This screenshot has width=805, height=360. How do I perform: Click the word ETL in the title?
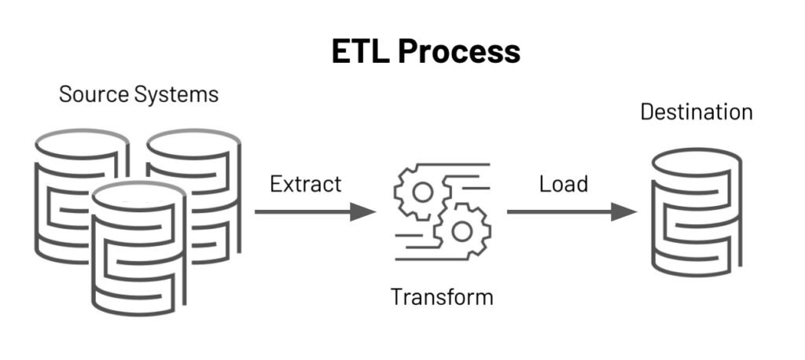(x=358, y=51)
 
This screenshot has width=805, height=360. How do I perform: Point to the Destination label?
(x=696, y=112)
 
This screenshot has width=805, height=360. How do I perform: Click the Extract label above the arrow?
(x=305, y=184)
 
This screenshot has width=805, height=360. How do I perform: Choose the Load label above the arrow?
(x=563, y=184)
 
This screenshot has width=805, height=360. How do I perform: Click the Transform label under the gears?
(x=442, y=297)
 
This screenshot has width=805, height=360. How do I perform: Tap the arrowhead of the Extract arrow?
(x=363, y=211)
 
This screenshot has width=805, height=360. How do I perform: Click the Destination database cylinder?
(x=696, y=212)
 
